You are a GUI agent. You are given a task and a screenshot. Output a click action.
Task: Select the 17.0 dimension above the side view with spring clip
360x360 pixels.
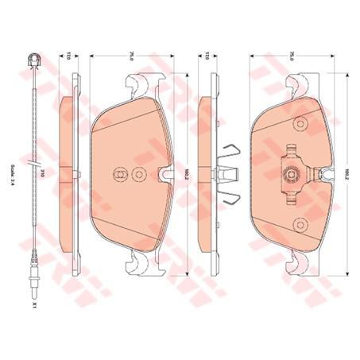[207, 57]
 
